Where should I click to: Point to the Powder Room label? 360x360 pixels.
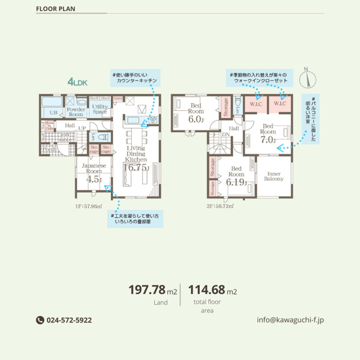76,112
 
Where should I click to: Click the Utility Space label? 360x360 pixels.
99,109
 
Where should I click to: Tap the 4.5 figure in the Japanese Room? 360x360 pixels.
94,179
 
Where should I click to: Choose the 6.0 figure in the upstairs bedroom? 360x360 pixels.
195,119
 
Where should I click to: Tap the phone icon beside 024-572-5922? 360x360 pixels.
39,320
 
